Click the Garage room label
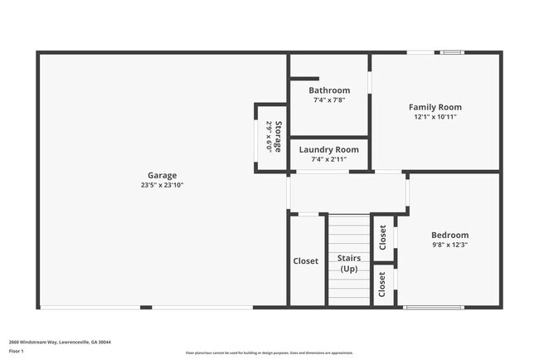(x=162, y=175)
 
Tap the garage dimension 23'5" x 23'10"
(x=162, y=185)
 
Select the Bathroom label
(x=329, y=90)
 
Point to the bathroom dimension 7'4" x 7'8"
(x=329, y=100)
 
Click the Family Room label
(x=435, y=107)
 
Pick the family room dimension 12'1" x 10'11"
(x=435, y=117)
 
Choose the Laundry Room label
(x=329, y=149)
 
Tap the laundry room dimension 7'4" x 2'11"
(x=329, y=159)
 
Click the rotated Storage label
(x=279, y=137)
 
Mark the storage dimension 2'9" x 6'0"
(x=269, y=137)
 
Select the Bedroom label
(x=450, y=235)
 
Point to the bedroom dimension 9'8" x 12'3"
(x=450, y=245)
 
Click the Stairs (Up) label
(x=349, y=264)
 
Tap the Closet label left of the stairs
(x=305, y=260)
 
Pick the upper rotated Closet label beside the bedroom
(x=382, y=238)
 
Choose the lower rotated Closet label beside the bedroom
(x=382, y=285)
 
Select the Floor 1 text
(x=17, y=352)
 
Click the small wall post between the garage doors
(x=146, y=308)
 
